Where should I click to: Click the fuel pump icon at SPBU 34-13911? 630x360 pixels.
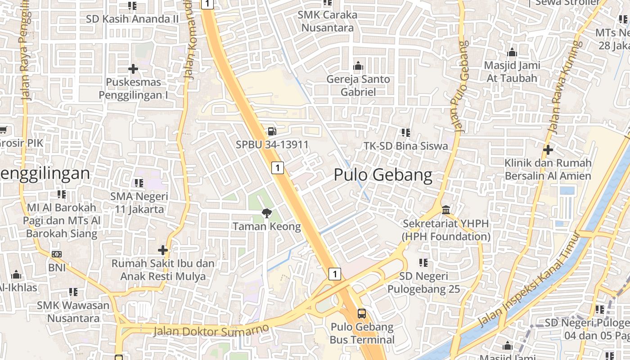coord(272,131)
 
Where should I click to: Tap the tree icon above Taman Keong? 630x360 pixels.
coord(266,213)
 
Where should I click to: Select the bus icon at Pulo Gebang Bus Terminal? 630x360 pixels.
coord(362,314)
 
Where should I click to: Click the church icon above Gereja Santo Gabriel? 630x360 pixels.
coord(358,66)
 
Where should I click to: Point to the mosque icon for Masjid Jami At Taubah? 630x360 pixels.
coord(512,52)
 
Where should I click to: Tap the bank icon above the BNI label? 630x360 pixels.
coord(57,254)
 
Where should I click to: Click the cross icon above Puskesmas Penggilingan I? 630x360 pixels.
coord(133,69)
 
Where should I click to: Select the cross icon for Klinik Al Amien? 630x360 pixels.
coord(548,149)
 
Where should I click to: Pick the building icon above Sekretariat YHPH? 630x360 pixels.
coord(446,210)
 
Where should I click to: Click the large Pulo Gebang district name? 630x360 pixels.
coord(383,175)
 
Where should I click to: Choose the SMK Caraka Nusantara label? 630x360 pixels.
coord(327,21)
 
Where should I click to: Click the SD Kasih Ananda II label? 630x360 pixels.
coord(133,19)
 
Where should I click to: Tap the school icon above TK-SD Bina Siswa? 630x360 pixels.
coord(406,133)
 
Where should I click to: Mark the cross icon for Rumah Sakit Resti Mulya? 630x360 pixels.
coord(163,250)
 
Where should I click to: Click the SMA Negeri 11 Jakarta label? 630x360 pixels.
coord(139,203)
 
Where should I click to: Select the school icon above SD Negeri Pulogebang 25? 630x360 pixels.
coord(423,262)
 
